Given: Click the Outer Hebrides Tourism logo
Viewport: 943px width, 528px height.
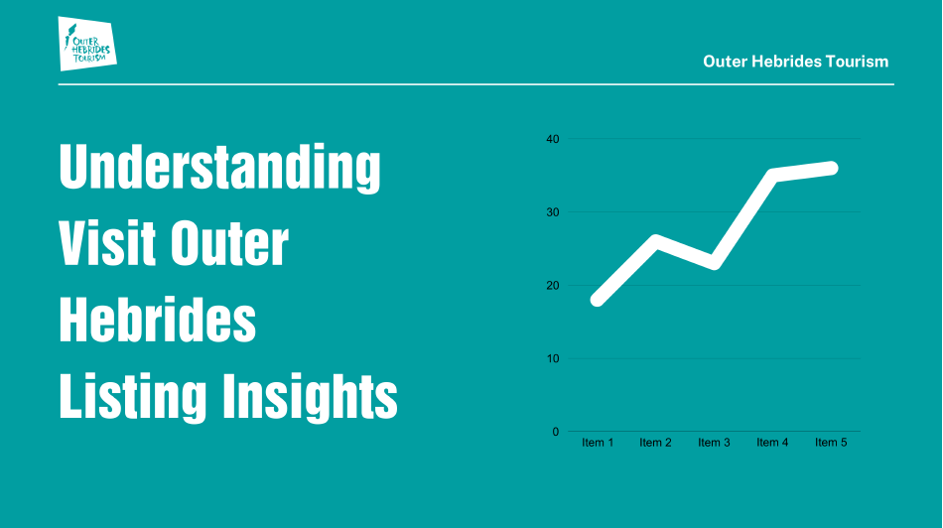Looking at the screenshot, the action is tap(87, 44).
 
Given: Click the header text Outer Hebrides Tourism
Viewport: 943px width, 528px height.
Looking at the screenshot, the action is tap(796, 62).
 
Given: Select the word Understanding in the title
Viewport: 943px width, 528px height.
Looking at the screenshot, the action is tap(220, 168).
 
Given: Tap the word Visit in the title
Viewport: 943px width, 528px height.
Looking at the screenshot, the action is tap(107, 243).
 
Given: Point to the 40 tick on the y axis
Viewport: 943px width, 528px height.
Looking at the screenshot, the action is tap(553, 139).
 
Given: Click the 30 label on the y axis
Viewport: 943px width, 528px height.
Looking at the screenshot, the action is tap(553, 212).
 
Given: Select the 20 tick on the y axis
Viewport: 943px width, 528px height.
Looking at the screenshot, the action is tap(553, 286).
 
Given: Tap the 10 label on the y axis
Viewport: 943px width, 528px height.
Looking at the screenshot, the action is tap(553, 358).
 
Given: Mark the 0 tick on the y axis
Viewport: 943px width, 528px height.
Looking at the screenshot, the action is tap(556, 432).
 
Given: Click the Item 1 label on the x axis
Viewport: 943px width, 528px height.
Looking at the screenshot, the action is tap(598, 443).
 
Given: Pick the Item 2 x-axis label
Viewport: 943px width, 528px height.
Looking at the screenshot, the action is tap(655, 443).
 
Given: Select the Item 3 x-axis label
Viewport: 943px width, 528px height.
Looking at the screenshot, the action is tap(714, 443).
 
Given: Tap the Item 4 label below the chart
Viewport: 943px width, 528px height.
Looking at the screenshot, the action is tap(772, 443).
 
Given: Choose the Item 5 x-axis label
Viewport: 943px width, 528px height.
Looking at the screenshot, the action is tap(831, 443).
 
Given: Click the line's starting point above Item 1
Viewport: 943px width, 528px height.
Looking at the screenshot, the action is tap(598, 300).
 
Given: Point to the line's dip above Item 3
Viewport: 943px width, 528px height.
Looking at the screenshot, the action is tap(714, 263).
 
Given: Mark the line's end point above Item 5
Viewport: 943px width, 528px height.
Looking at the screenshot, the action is tap(831, 169).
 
